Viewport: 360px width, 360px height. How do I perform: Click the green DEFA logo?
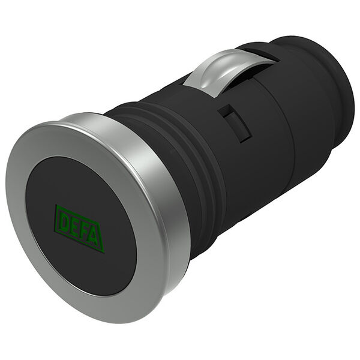(79, 228)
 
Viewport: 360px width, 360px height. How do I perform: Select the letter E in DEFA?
(73, 226)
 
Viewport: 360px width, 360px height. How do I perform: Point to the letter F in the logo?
(84, 231)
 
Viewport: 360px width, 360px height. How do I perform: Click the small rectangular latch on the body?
(234, 123)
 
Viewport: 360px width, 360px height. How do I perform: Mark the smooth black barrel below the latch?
(252, 174)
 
